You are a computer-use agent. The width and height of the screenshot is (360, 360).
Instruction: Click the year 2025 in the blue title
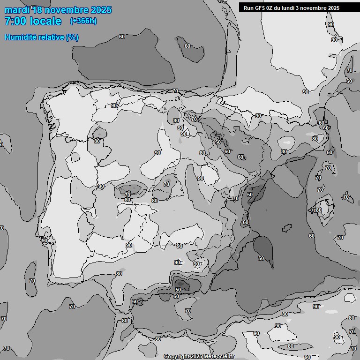tap(101, 10)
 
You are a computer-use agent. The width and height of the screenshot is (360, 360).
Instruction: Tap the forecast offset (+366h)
tap(83, 21)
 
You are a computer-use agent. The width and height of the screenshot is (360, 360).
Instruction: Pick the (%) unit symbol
tap(72, 37)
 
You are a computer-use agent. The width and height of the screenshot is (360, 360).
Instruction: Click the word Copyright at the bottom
tap(177, 357)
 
